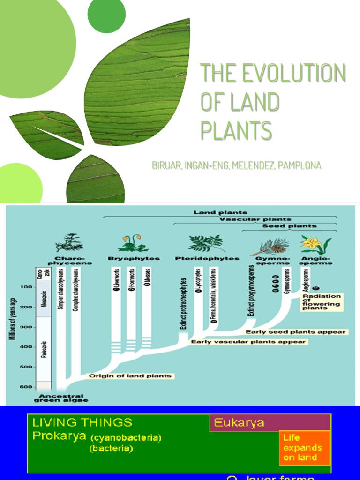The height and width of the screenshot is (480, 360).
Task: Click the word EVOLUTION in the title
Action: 294,74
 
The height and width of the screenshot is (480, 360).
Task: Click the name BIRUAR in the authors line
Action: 166,165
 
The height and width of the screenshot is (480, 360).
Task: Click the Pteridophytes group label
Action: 207,258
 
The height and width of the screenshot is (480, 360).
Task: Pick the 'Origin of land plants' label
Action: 130,376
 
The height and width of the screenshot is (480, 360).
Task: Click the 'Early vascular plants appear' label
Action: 249,342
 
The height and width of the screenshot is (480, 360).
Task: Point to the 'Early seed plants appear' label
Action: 296,332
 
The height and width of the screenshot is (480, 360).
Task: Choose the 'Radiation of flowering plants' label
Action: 322,302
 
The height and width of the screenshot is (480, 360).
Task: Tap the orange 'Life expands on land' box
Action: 304,448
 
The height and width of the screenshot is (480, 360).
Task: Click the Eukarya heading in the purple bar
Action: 239,423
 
